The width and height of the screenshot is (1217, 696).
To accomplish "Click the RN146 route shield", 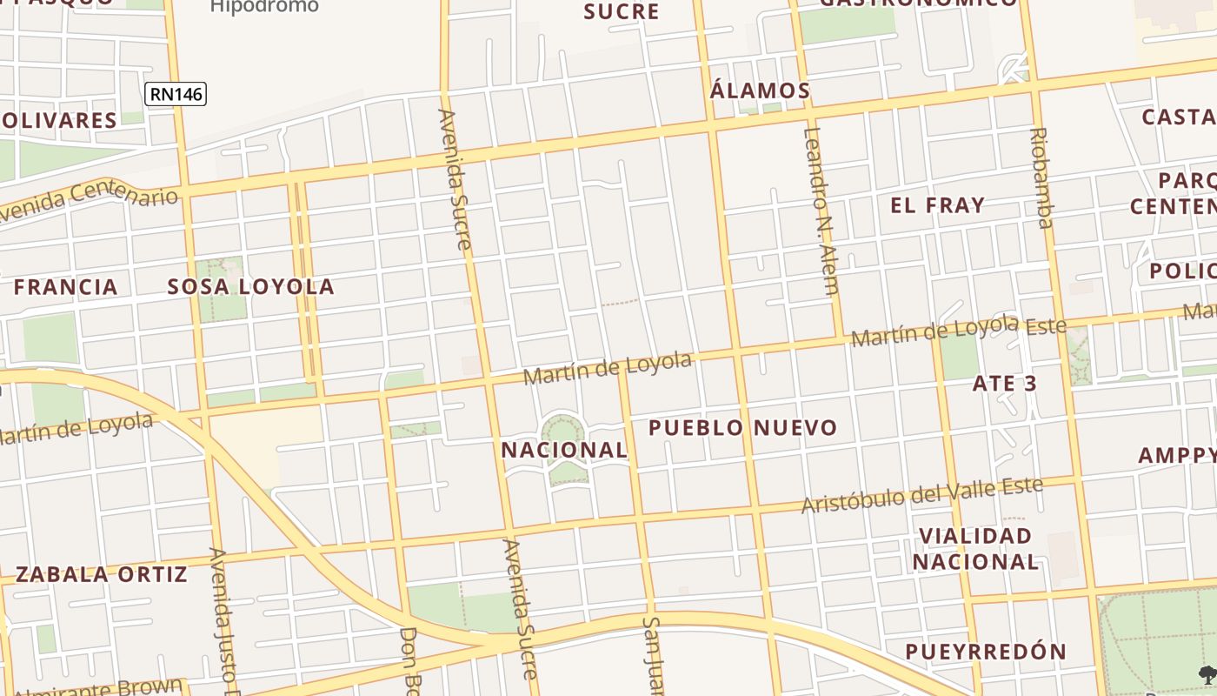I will [176, 93].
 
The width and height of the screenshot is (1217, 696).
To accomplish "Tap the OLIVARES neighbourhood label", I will [58, 120].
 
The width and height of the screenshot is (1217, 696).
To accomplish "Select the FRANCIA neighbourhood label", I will [65, 286].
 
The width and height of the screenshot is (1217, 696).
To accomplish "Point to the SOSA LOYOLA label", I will [250, 286].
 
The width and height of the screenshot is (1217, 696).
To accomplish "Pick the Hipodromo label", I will [264, 7].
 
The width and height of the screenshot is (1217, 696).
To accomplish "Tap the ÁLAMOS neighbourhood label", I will [760, 90].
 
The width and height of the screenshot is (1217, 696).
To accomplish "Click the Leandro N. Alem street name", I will [820, 211].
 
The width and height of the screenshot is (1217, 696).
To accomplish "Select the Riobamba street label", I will [1041, 177].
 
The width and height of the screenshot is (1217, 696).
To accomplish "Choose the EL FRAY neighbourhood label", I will [937, 205].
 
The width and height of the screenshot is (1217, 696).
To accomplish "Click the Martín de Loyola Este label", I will [958, 331].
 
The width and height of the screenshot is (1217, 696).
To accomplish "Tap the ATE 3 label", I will [1005, 383].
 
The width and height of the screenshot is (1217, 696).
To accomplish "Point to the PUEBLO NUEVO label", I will [742, 427].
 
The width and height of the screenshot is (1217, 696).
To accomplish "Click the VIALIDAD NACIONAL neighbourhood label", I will [975, 548].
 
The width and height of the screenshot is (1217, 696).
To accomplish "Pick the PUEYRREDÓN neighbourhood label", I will [985, 652].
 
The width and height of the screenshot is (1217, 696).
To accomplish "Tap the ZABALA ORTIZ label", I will [101, 574].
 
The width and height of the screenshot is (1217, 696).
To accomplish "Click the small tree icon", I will [1207, 673].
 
